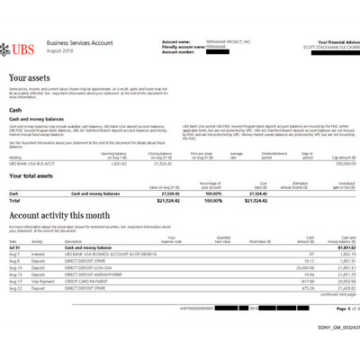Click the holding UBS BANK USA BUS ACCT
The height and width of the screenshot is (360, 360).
coord(30,163)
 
